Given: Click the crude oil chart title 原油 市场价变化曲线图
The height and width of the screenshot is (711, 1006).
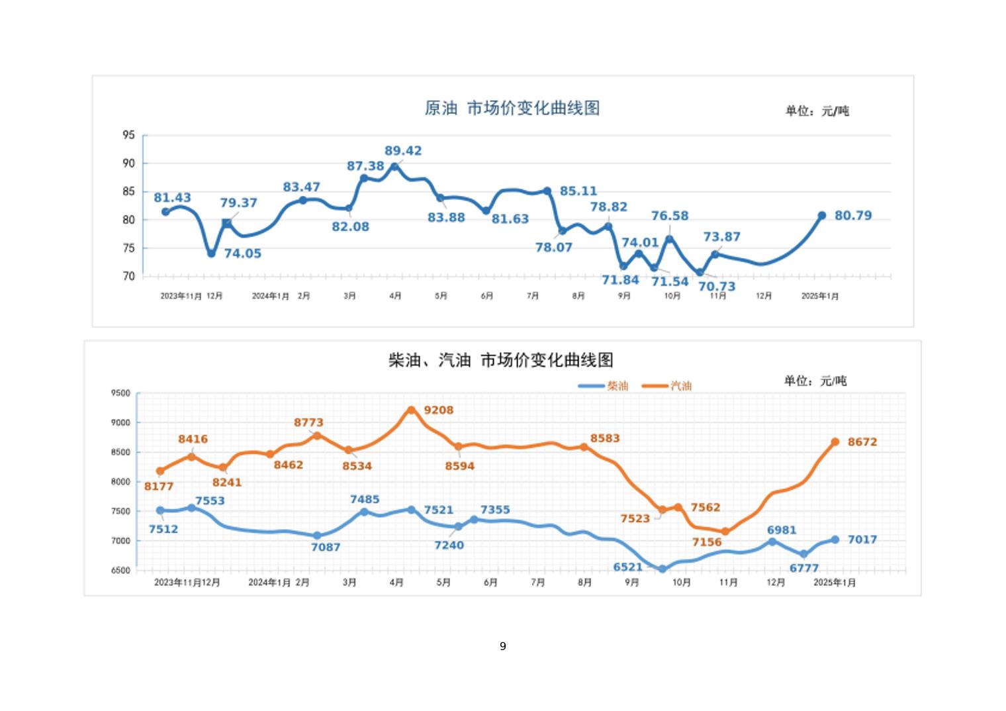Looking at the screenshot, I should (512, 108).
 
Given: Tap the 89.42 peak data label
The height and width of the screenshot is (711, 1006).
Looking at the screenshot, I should (403, 151).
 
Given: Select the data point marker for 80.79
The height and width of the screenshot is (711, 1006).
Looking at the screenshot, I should (821, 216).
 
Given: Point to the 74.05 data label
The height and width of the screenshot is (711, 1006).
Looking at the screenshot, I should (242, 254).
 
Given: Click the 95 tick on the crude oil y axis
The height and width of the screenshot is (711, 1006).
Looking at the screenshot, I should (128, 135).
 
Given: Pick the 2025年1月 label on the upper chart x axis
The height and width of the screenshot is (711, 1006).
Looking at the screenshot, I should (819, 296).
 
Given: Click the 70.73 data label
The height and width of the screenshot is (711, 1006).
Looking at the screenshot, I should (717, 287).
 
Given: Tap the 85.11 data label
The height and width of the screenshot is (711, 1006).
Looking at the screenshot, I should (578, 191).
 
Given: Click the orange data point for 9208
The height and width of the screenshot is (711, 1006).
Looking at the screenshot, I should (411, 410).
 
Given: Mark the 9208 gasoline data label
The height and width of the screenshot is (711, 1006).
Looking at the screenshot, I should (439, 410).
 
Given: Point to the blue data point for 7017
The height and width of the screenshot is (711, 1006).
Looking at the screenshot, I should (835, 540).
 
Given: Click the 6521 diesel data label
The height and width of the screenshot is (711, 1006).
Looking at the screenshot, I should (627, 567).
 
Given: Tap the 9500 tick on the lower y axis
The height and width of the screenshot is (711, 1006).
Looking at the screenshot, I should (120, 393).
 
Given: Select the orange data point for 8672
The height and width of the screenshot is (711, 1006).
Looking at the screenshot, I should (835, 442).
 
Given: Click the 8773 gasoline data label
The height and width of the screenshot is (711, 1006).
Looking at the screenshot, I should (309, 422).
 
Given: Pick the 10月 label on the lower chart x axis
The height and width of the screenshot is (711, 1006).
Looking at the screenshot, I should (682, 583).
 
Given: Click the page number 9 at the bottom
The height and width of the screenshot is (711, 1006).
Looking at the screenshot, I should (503, 646).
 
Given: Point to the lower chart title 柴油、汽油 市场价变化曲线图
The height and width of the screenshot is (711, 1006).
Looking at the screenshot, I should (500, 360).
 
